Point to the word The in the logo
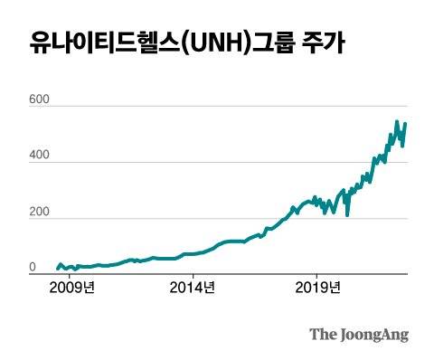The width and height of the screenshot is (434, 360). pos(323,335)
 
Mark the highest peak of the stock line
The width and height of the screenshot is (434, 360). pos(396,121)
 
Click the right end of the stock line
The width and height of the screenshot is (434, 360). pos(406,123)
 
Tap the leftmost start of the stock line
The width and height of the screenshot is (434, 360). pos(56,269)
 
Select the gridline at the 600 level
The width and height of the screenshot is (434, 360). pos(226,107)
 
